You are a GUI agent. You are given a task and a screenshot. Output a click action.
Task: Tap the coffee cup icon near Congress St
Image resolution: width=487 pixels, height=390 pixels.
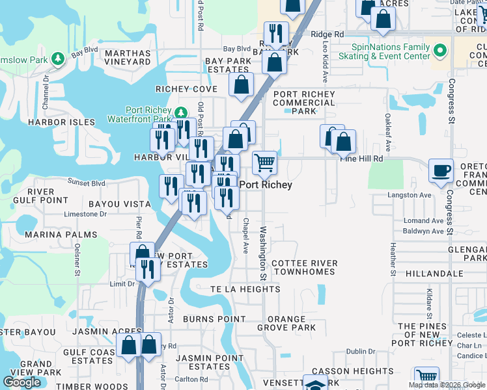[x=441, y=170]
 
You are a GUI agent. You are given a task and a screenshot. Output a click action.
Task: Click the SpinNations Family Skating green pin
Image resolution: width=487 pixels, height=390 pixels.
[x=441, y=49]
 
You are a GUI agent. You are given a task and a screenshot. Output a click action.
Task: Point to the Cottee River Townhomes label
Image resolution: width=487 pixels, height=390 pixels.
[x=305, y=267]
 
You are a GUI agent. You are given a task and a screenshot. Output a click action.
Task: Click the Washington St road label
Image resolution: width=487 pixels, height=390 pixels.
[x=264, y=250]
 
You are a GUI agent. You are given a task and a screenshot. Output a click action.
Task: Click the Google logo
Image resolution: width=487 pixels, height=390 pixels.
[x=22, y=382]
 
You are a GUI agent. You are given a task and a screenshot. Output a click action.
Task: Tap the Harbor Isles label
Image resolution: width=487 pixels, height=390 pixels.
[x=61, y=122]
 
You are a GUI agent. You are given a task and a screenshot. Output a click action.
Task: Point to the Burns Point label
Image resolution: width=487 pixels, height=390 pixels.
[x=214, y=319]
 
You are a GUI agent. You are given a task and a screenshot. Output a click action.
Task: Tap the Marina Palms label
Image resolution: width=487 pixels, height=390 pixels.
[x=51, y=235]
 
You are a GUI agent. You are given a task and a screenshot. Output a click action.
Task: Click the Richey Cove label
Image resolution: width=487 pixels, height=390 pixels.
[x=186, y=89]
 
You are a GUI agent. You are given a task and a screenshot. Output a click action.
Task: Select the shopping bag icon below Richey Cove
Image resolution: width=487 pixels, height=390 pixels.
[x=241, y=84]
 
